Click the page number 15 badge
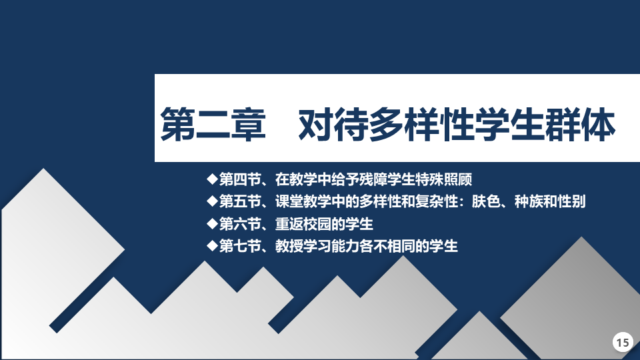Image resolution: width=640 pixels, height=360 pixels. click(623, 342)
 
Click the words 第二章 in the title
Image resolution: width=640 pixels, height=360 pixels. click(213, 125)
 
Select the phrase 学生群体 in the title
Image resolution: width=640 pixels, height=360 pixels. click(545, 125)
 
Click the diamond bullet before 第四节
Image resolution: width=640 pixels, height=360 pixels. click(212, 179)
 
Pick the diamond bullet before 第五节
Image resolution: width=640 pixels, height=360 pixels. click(212, 201)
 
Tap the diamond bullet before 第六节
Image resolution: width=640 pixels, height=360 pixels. click(212, 223)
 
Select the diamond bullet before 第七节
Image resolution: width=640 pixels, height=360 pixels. click(212, 245)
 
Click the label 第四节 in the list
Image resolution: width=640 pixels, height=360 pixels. click(240, 179)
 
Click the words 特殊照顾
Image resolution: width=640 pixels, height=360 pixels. click(444, 179)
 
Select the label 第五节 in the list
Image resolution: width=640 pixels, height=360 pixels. click(240, 201)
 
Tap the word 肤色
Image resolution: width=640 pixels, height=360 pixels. click(486, 201)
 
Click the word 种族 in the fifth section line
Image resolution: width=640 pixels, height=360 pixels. click(529, 201)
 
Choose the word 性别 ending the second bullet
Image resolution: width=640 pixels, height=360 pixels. click(571, 201)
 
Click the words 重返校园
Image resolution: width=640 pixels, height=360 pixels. click(303, 224)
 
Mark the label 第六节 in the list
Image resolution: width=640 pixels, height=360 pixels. click(240, 224)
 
